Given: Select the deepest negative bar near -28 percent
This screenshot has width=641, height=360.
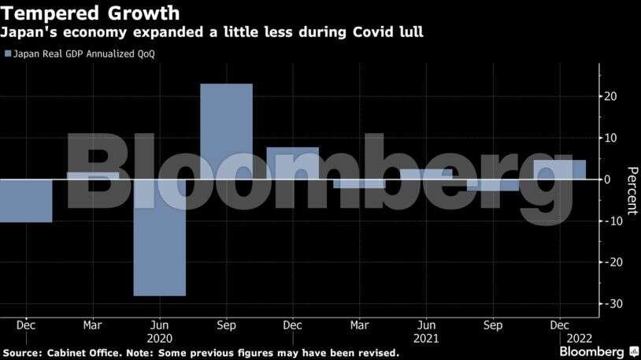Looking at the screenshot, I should click(159, 237).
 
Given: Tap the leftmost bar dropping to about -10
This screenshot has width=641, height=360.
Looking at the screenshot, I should click(26, 200).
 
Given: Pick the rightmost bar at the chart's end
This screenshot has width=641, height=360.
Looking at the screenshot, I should click(560, 169).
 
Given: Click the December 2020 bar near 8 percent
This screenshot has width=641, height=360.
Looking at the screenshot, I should click(293, 163).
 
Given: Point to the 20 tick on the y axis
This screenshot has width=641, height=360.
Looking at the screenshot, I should click(611, 96).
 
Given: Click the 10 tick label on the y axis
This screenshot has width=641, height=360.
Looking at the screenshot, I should click(611, 138).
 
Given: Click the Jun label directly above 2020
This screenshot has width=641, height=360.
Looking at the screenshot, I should click(159, 324).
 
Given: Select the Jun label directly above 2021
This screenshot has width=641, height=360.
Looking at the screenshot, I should click(426, 324).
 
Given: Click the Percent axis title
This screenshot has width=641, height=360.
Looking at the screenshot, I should click(631, 191).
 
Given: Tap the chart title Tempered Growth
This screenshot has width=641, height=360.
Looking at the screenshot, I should click(89, 13).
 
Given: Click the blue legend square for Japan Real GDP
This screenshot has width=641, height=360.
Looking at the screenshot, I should click(8, 54).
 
